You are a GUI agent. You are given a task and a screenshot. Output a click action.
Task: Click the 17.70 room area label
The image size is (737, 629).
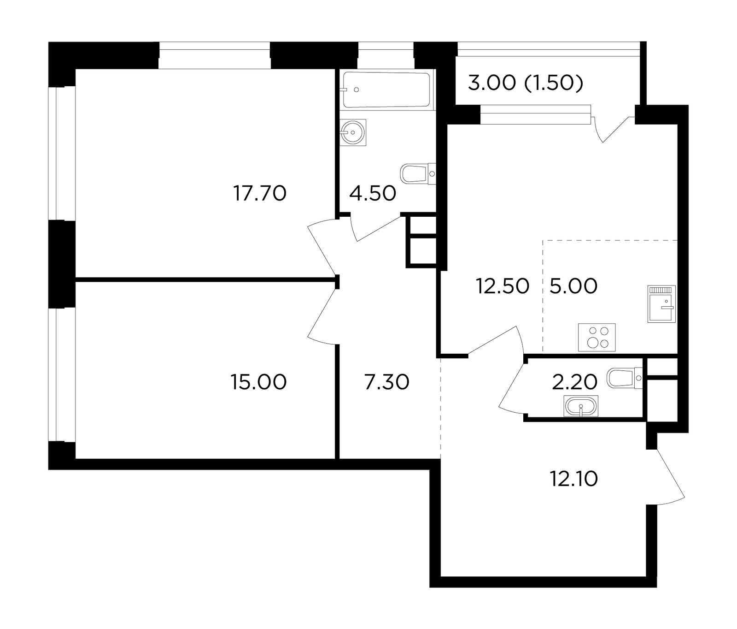coord(260,193)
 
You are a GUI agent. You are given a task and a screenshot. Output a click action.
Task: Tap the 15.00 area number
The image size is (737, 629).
coord(259,382)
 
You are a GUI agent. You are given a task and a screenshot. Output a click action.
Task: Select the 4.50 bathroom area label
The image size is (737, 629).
coord(373,193)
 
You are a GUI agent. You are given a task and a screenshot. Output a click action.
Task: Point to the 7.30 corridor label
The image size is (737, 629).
coord(386,382)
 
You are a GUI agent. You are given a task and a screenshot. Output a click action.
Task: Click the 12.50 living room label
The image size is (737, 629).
coord(503,286)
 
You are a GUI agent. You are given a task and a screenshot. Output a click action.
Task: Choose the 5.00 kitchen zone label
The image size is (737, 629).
coord(573,286)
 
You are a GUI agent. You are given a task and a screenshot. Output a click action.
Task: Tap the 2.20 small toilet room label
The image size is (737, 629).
coord(574,382)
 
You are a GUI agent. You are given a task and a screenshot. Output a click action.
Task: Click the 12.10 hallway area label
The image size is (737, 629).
coord(573,479)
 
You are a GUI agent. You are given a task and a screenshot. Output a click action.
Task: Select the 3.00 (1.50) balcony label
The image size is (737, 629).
coord(526,83)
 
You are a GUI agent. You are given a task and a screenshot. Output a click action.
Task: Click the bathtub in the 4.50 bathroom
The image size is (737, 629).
coord(387,90)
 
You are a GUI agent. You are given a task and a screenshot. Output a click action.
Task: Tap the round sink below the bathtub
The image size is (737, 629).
coord(353,133)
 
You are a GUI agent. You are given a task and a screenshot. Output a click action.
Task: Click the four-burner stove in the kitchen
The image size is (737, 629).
coord(597,338)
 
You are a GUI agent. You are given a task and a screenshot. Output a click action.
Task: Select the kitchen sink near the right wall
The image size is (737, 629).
coord(661,304)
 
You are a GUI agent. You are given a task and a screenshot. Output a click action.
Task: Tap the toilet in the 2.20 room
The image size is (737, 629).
coord(625,378)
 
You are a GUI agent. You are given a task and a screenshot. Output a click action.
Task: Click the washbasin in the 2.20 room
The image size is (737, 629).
coord(581,406)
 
